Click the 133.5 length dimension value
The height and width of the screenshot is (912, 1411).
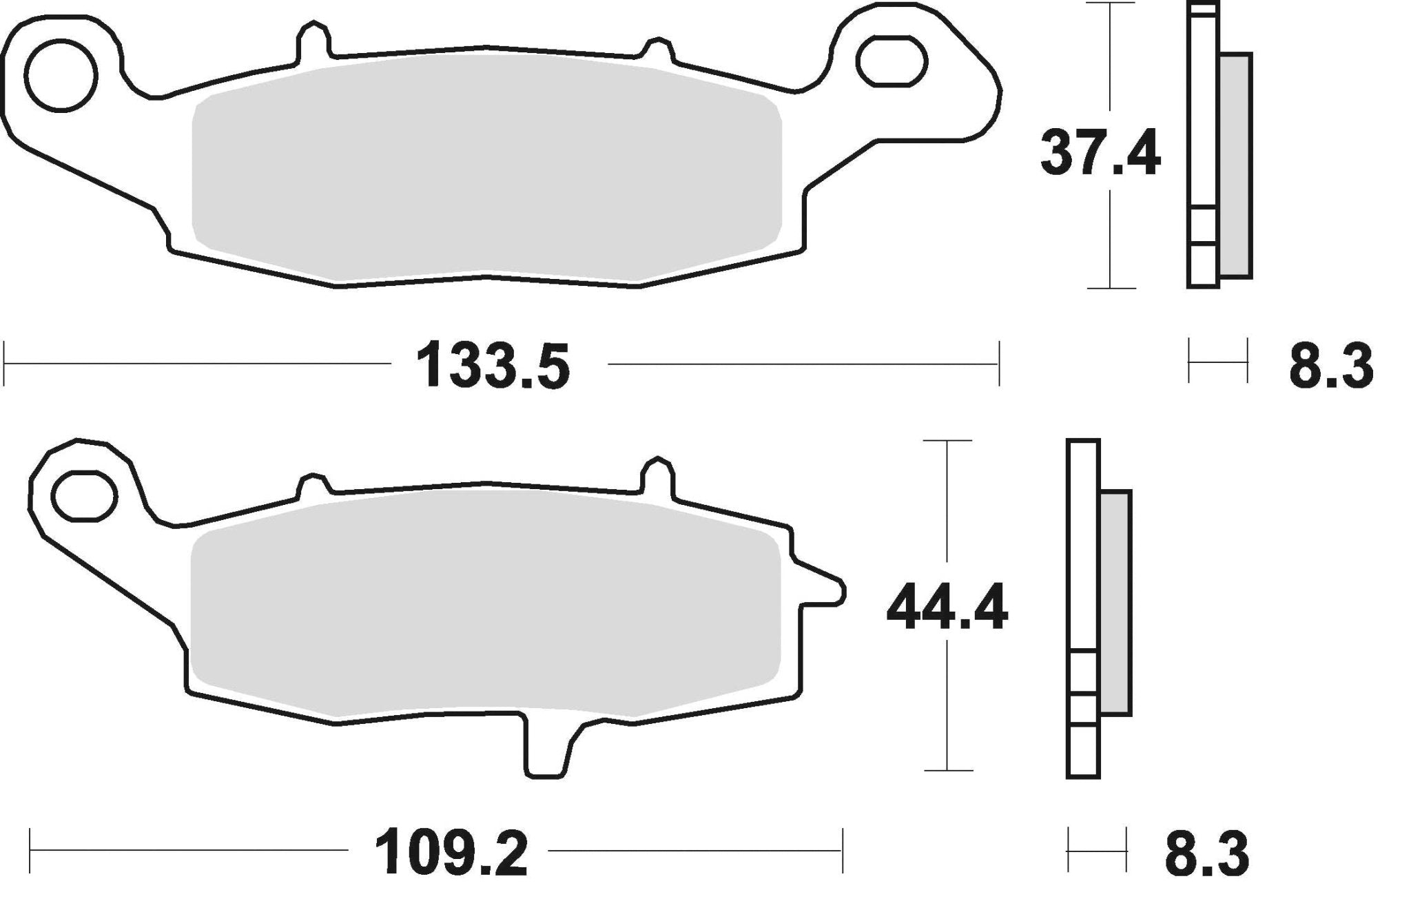point(493,365)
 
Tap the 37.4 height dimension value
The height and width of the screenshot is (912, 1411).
point(1100,154)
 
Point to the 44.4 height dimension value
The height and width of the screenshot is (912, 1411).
point(947,607)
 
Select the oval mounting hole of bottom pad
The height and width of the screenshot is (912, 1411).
point(83,496)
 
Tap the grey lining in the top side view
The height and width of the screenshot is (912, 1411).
point(1235,165)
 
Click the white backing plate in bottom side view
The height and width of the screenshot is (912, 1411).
point(1082,551)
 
